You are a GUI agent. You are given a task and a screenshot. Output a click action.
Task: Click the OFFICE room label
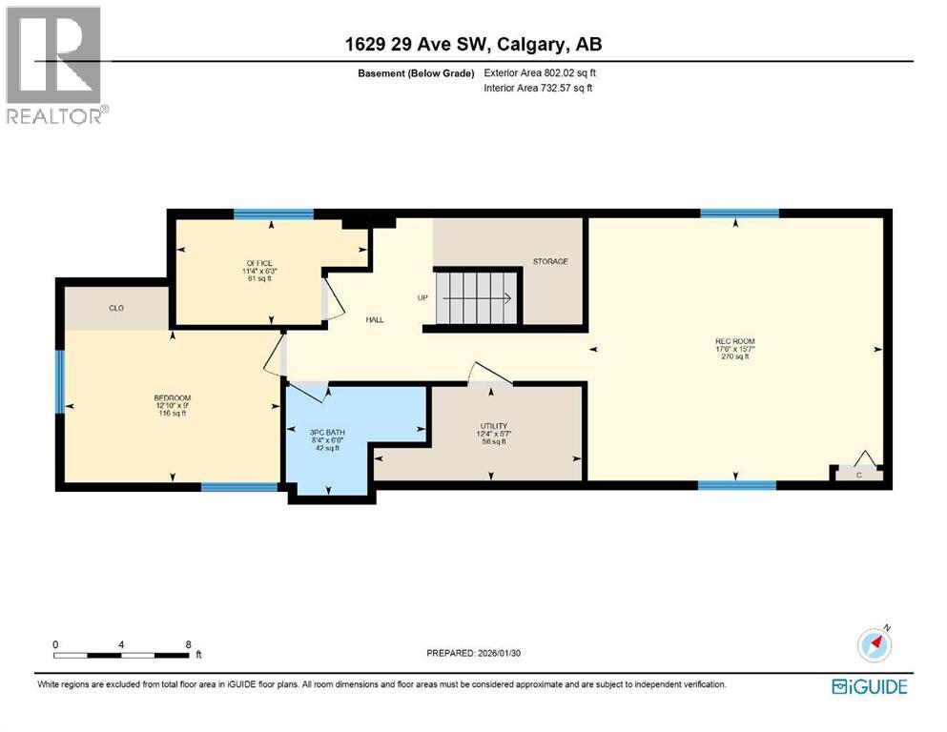(x=258, y=263)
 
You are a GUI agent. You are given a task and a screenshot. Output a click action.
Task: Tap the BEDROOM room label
(x=173, y=397)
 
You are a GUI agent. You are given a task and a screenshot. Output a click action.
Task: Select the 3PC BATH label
(x=328, y=433)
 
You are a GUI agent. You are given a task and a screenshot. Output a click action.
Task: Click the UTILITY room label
(x=493, y=426)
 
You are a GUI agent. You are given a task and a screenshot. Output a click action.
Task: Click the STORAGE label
(x=550, y=261)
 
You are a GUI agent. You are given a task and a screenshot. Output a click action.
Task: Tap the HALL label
(x=375, y=319)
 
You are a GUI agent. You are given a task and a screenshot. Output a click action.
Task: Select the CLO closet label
(x=116, y=308)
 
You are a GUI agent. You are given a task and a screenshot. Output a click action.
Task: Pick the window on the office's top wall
(x=274, y=213)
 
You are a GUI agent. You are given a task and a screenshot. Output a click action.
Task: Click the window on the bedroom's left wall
(x=59, y=381)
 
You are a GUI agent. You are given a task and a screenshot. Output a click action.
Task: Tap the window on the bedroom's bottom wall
(x=239, y=487)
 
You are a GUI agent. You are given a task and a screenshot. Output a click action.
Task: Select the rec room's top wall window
(x=739, y=213)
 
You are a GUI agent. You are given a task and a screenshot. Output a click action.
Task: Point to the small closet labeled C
(x=858, y=473)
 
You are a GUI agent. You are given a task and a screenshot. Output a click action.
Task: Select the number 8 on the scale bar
(x=189, y=644)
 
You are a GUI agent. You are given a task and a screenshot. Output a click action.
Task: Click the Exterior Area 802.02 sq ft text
(x=541, y=72)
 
